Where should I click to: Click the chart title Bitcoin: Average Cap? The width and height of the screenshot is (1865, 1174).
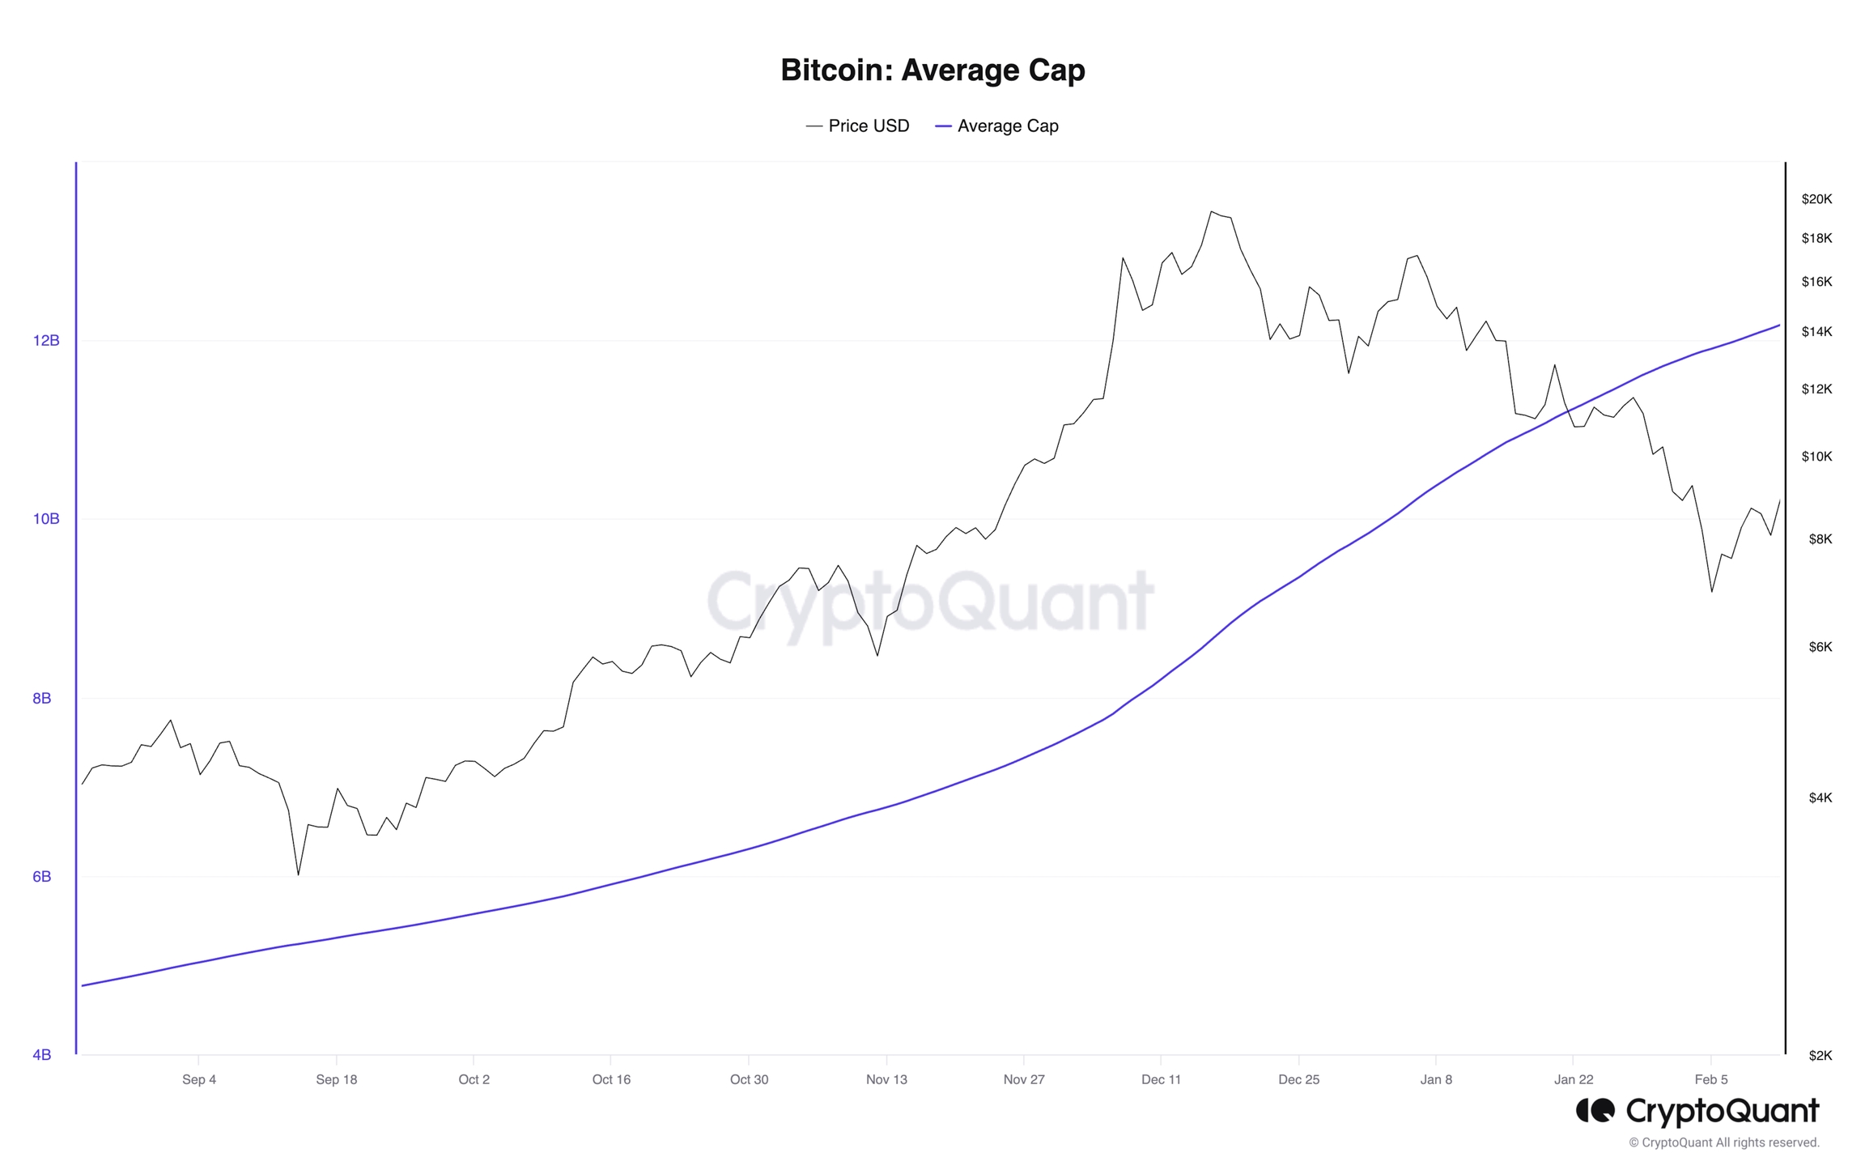[932, 70]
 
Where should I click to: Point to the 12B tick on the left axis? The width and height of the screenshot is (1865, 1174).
[46, 341]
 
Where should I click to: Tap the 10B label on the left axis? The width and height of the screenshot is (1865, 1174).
[46, 519]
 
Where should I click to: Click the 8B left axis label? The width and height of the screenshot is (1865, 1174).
[42, 698]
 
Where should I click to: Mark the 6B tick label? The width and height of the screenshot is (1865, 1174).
[42, 877]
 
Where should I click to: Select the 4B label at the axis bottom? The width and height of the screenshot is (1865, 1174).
[42, 1055]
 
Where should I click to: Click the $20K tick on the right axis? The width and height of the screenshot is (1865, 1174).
[1816, 199]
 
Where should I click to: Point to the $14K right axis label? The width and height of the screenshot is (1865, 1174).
[1816, 332]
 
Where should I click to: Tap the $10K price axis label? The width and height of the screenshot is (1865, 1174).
[1816, 457]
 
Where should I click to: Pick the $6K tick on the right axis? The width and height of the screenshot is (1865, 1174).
[1820, 647]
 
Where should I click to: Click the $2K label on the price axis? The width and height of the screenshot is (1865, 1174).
[1820, 1056]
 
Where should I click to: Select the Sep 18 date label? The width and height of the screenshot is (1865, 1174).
[336, 1079]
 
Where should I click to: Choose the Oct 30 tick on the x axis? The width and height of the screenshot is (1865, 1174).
[749, 1079]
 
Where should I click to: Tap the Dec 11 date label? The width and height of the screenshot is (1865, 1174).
[1161, 1079]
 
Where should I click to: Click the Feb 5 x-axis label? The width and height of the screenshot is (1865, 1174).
[1710, 1079]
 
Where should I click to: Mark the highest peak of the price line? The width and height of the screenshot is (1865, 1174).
[1211, 212]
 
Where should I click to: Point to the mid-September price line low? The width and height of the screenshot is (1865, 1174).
[298, 874]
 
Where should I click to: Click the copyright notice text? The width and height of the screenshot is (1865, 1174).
[1723, 1142]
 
